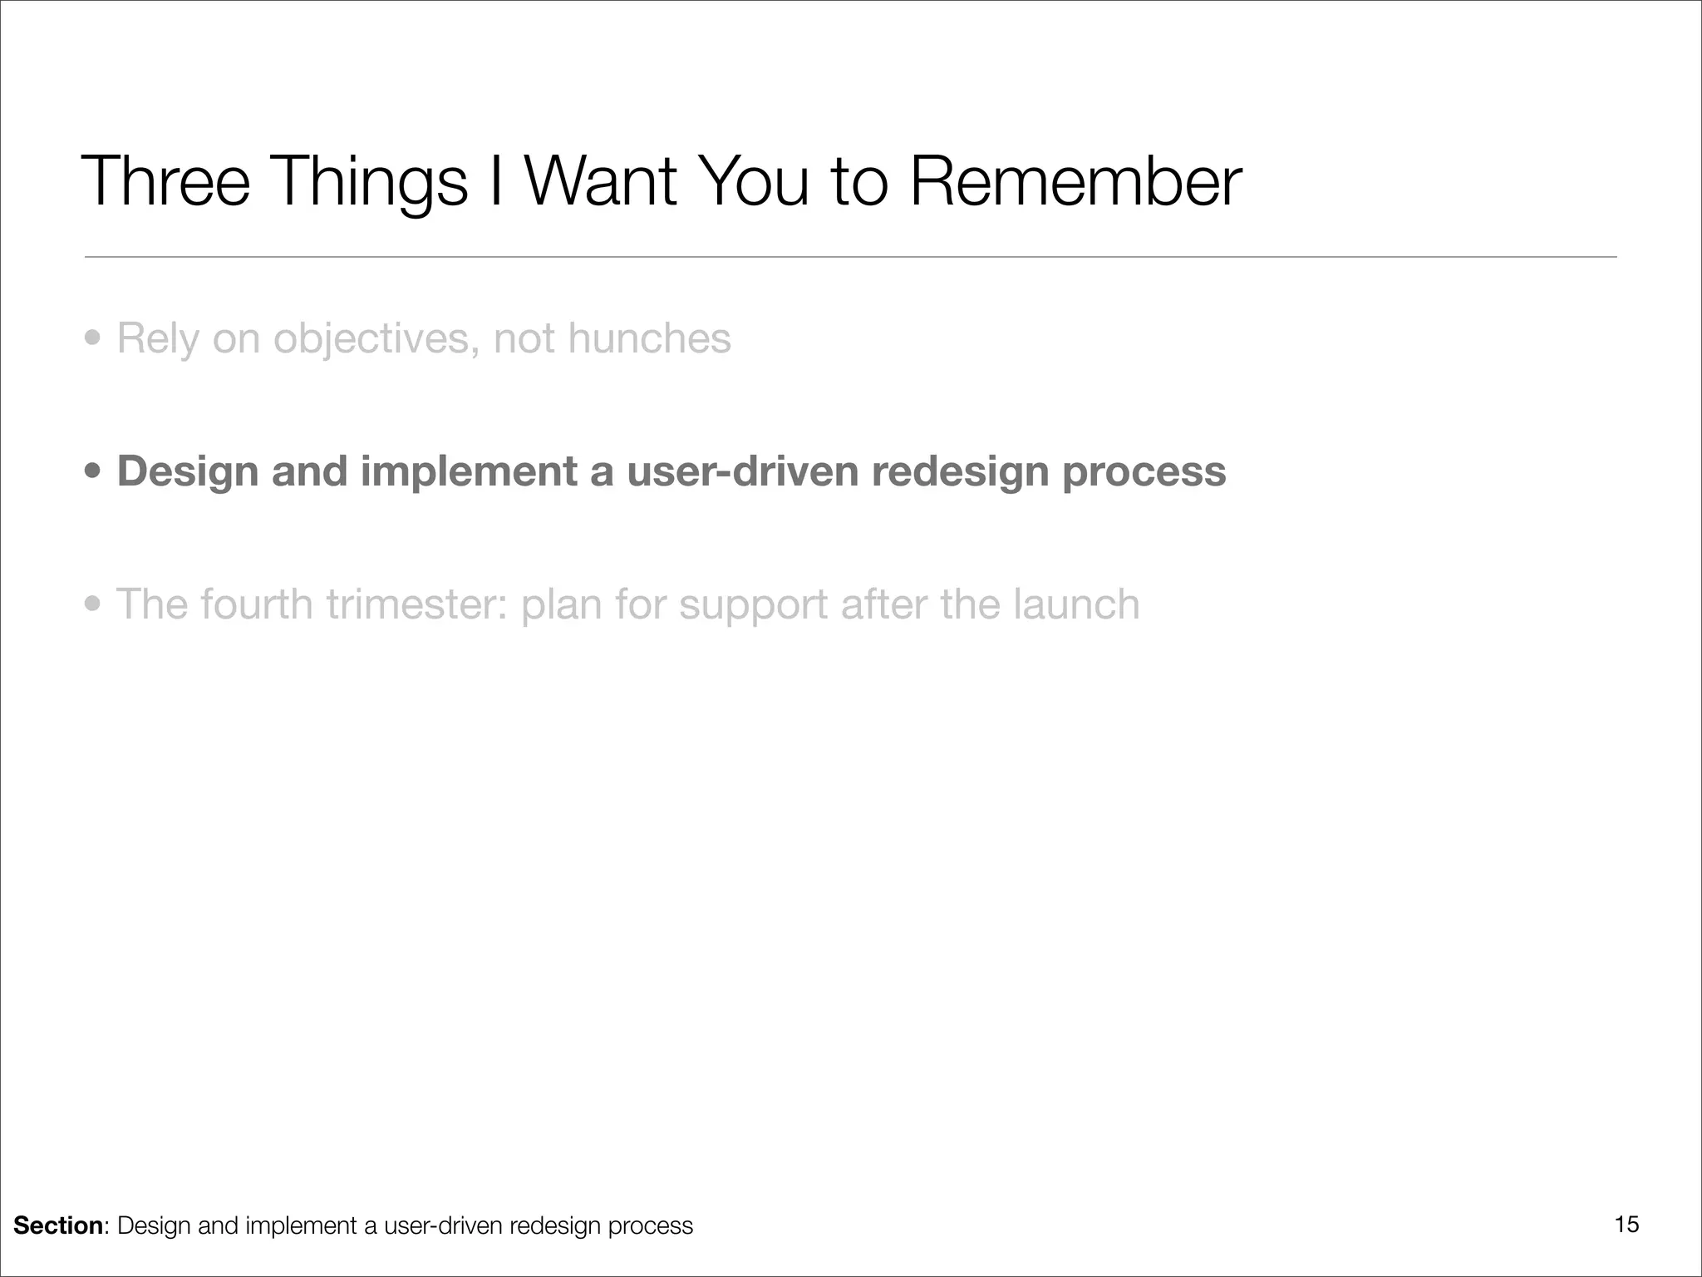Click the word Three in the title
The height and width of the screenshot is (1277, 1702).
165,181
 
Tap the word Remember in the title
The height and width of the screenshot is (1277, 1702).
1075,181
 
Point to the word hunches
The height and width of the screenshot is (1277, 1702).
649,338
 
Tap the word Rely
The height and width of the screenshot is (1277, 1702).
158,340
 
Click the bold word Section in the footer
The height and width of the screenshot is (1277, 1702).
58,1225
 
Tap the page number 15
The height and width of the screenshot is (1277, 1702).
1626,1225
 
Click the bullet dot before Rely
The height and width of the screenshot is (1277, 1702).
94,339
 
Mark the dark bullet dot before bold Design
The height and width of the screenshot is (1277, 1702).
94,472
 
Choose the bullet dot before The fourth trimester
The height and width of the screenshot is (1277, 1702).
94,605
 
